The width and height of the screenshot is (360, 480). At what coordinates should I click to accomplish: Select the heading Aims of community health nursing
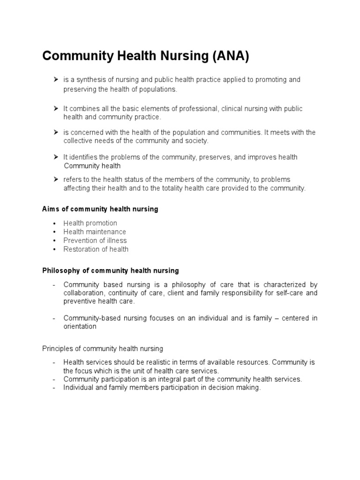coord(100,209)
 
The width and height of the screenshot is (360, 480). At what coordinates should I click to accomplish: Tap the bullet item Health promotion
coord(90,223)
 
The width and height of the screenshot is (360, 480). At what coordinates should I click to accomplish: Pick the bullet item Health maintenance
coord(95,232)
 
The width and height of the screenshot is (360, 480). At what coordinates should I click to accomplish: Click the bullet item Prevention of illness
coord(95,240)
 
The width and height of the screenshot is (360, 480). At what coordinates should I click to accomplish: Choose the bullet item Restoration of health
coord(96,249)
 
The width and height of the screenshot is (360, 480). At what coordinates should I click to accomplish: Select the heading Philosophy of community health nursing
coord(111,270)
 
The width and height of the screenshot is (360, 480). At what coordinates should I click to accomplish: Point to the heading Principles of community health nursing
coord(103,348)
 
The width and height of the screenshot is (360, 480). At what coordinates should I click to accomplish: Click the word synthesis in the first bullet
coord(90,80)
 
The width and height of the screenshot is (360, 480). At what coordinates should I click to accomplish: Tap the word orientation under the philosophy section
coord(80,327)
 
